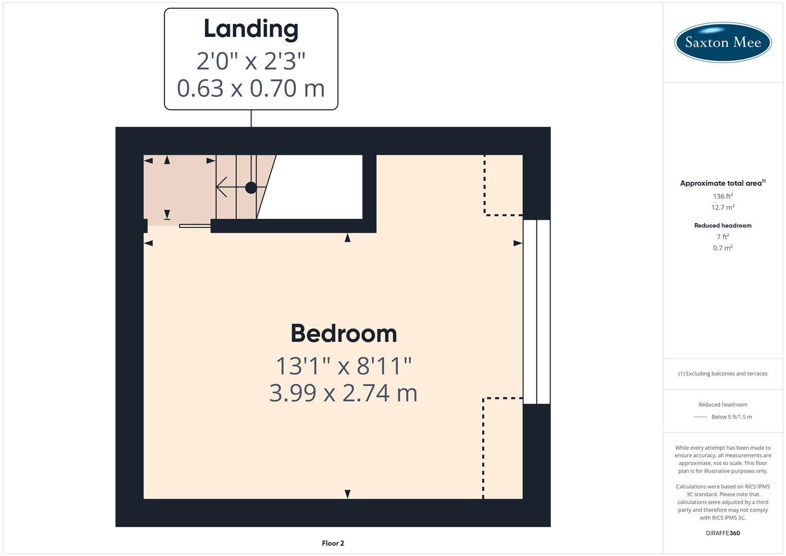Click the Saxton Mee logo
click(x=722, y=42)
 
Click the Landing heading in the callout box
click(x=251, y=29)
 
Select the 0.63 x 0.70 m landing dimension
click(x=251, y=88)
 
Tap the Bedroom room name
click(x=343, y=334)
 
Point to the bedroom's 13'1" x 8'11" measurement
click(x=343, y=367)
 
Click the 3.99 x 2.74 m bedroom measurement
click(x=343, y=393)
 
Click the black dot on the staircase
click(x=251, y=187)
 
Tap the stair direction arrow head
click(x=221, y=187)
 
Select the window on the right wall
click(x=536, y=311)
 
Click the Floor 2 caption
click(x=333, y=543)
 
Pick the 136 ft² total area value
click(x=722, y=196)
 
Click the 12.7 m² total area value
click(x=722, y=207)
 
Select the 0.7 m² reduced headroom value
click(x=722, y=248)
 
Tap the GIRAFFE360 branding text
click(x=722, y=533)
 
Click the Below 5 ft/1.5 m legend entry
click(x=731, y=417)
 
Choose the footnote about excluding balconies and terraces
click(x=722, y=374)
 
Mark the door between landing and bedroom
click(x=195, y=225)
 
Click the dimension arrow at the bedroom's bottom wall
click(x=347, y=494)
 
